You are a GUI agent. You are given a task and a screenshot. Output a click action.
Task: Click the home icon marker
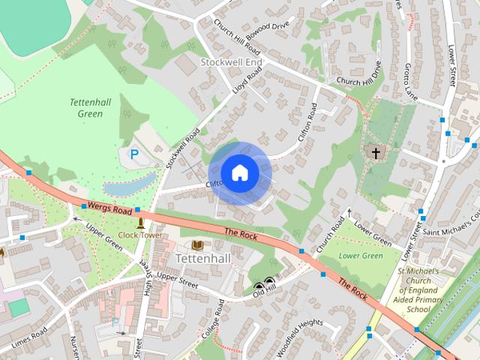coord(240,173)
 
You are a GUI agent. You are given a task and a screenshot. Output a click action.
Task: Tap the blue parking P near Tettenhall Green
coord(134,154)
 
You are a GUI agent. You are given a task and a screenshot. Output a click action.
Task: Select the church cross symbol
coord(376,153)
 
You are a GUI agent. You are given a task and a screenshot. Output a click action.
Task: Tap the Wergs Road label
coord(109,207)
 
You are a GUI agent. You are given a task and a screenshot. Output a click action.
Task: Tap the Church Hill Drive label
coord(359,76)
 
